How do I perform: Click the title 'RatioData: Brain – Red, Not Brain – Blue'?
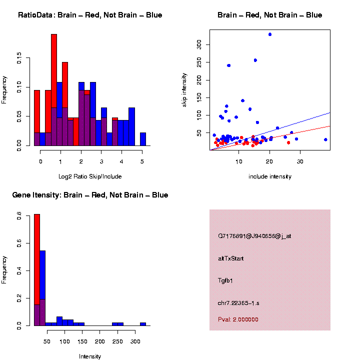[x=90, y=15]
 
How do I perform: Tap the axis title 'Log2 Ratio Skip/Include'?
[x=90, y=176]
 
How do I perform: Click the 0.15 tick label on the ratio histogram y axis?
[x=19, y=59]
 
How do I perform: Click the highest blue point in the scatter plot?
[x=270, y=34]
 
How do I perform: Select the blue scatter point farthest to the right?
[x=325, y=139]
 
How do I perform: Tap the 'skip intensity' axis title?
[x=184, y=89]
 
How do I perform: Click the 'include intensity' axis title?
[x=270, y=176]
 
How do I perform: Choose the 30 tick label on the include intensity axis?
[x=300, y=161]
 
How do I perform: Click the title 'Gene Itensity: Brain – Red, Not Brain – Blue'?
[x=90, y=195]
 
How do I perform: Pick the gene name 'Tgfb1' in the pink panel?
[x=226, y=280]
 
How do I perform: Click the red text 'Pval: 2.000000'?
[x=238, y=319]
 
